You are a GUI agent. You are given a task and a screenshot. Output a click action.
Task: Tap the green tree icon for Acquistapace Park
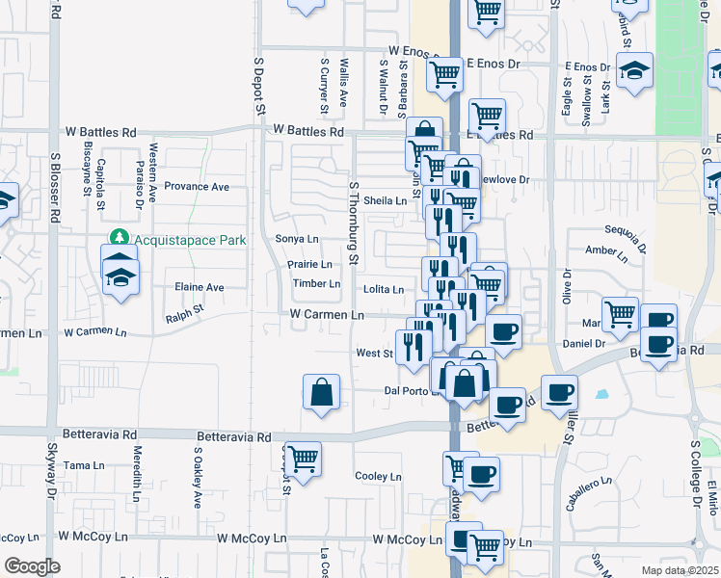119,237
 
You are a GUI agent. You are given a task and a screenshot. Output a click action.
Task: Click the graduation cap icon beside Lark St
633,71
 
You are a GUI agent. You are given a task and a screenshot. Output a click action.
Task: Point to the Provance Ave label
197,187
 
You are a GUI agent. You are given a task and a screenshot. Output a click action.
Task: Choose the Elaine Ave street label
199,287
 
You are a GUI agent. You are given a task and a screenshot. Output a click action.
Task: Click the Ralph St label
185,311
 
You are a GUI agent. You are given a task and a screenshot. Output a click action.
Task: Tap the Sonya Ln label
297,239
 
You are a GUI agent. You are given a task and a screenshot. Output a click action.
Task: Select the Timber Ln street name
317,284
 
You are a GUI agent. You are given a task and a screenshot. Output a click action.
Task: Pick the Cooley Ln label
378,477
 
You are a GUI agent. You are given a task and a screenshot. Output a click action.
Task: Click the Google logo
32,566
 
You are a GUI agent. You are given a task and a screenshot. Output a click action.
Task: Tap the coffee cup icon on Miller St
558,393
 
